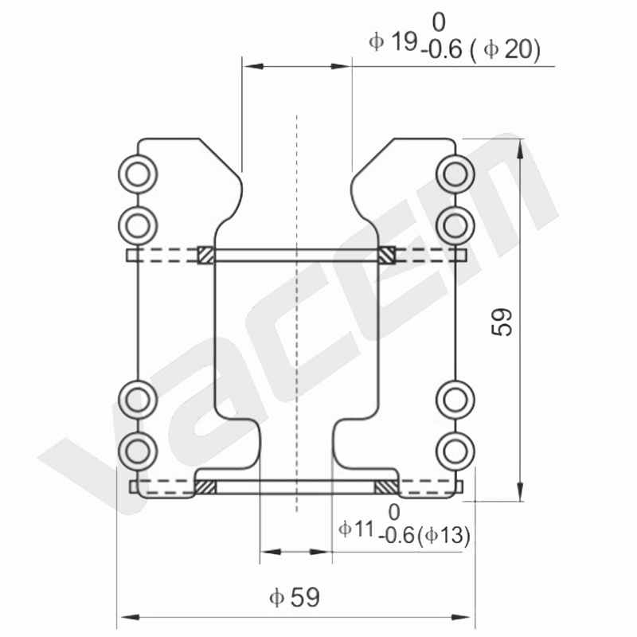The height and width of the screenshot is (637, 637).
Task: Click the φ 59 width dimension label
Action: (x=295, y=596)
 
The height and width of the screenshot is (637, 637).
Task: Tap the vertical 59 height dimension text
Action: (x=502, y=322)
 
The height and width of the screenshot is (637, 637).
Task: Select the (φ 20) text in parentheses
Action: (x=506, y=50)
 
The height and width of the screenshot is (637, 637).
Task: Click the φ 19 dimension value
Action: (x=393, y=41)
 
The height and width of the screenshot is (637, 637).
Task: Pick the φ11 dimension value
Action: (x=356, y=529)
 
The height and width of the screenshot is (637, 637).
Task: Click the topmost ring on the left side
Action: (x=138, y=174)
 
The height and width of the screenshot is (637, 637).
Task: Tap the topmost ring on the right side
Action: (x=455, y=174)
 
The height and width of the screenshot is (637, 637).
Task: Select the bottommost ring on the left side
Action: (x=138, y=451)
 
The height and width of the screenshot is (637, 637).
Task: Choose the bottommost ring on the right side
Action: (x=455, y=451)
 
